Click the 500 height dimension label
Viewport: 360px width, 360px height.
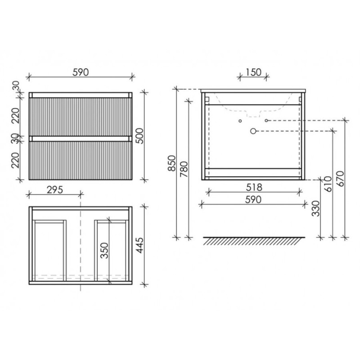coord(139,136)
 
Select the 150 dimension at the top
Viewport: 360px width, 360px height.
coord(253,72)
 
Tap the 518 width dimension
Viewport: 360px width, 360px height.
coord(254,187)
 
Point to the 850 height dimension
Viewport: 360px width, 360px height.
coord(172,163)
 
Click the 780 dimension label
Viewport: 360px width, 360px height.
coord(184,169)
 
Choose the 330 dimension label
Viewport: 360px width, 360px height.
coord(316,208)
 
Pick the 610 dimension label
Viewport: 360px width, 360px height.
coord(328,184)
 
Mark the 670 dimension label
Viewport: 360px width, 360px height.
coord(341,179)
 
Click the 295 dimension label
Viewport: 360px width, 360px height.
coord(54,190)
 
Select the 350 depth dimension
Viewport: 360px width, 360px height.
coord(104,251)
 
